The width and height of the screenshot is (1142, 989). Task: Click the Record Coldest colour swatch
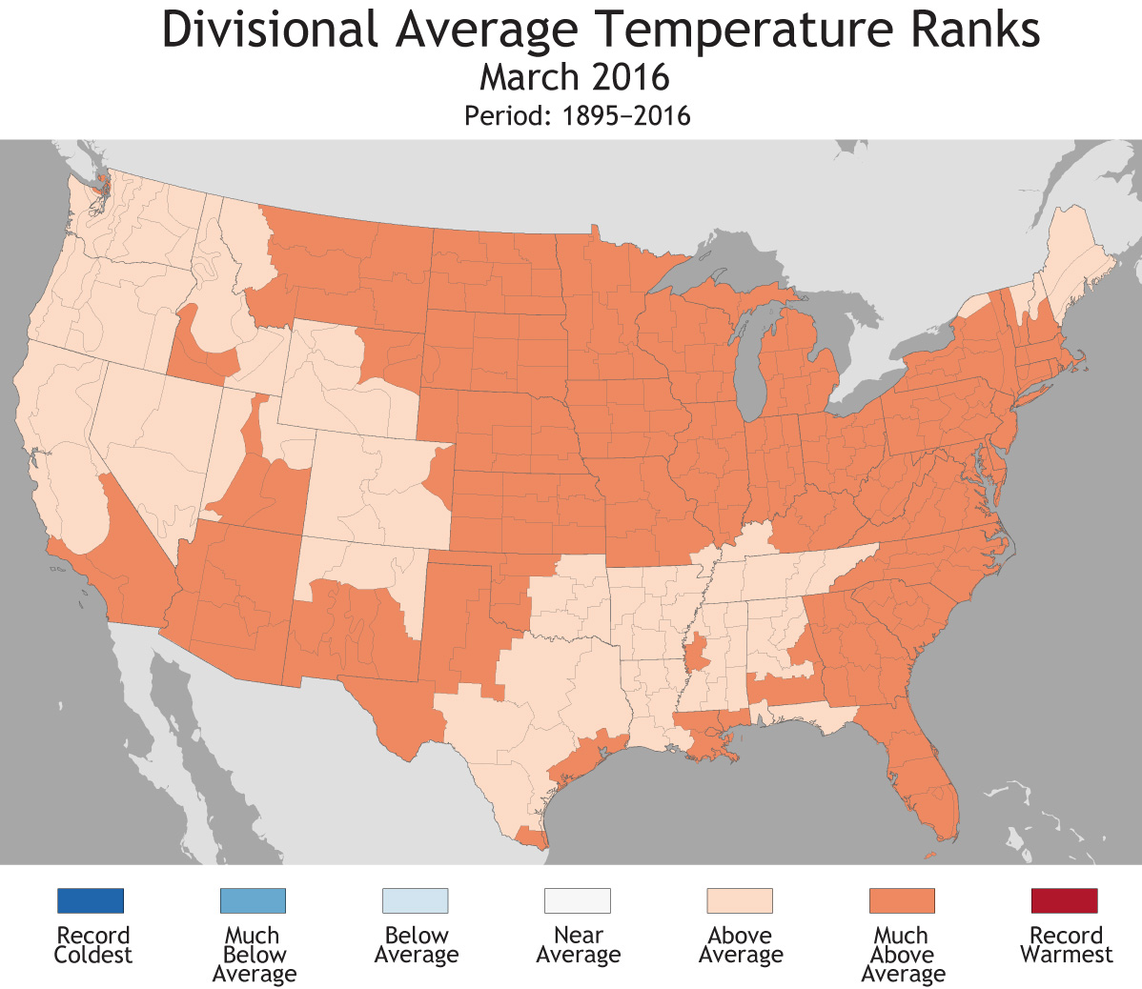pyautogui.click(x=91, y=900)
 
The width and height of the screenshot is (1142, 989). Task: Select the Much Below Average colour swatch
pyautogui.click(x=253, y=900)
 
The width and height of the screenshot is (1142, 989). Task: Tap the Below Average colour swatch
pyautogui.click(x=415, y=900)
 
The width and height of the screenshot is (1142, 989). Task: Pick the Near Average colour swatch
pyautogui.click(x=578, y=900)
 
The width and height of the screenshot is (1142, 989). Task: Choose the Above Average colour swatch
pyautogui.click(x=740, y=900)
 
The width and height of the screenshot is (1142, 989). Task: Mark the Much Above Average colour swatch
pyautogui.click(x=902, y=900)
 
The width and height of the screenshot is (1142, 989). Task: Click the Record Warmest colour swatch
pyautogui.click(x=1064, y=900)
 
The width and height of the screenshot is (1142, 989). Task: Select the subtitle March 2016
pyautogui.click(x=574, y=77)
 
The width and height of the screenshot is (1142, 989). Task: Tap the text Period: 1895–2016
pyautogui.click(x=577, y=116)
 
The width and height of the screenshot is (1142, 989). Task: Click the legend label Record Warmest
pyautogui.click(x=1066, y=945)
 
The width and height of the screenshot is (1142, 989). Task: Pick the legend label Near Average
pyautogui.click(x=578, y=945)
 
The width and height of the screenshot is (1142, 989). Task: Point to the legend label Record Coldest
pyautogui.click(x=92, y=945)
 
